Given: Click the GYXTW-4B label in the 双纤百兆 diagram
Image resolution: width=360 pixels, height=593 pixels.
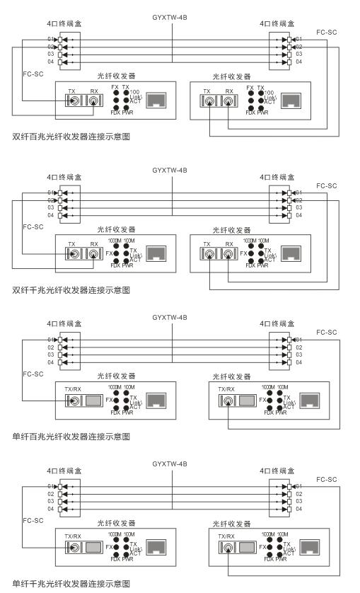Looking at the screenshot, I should coord(170,16).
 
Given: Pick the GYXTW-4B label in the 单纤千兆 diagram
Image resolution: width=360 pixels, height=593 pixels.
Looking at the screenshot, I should coord(170,464).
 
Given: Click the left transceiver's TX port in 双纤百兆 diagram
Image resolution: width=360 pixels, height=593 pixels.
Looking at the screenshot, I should coord(73,101).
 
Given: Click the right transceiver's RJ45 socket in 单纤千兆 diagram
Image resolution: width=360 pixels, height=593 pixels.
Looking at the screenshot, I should coord(308,548).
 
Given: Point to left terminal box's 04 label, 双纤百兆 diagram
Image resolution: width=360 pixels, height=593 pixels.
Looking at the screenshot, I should coord(51,62).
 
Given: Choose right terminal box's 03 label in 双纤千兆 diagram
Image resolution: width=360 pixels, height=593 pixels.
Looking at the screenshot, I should coord(298,208).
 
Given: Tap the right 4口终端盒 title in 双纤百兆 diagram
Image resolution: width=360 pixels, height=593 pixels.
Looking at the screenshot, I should coord(276,23).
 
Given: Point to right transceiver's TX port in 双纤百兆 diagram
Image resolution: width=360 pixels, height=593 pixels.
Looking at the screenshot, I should coord(207,101).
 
